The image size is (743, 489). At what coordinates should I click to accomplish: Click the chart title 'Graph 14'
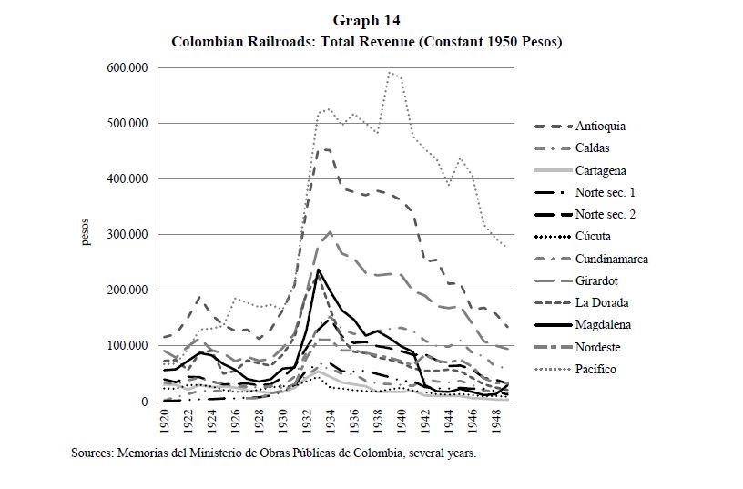(x=367, y=20)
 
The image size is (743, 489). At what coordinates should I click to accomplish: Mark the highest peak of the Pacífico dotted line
(x=390, y=72)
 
